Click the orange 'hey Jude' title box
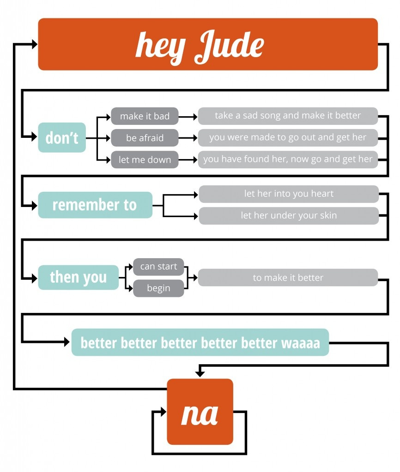(x=208, y=44)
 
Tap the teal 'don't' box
(x=62, y=137)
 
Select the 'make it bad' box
(x=145, y=116)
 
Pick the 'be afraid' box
(x=145, y=138)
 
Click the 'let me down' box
(x=145, y=160)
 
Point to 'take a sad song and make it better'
(x=288, y=116)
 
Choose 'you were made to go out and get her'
(x=288, y=137)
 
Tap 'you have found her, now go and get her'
(x=288, y=159)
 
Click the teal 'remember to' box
(x=95, y=205)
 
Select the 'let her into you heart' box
(x=289, y=194)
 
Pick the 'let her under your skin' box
(x=289, y=216)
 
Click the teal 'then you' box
(x=78, y=277)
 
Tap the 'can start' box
(x=158, y=267)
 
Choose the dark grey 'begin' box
(x=158, y=289)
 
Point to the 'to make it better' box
(x=288, y=277)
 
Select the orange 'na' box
(x=200, y=412)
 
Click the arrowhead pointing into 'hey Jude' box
(x=35, y=44)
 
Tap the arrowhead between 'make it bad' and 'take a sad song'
(x=194, y=117)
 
